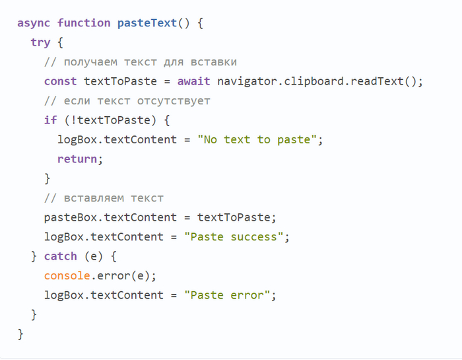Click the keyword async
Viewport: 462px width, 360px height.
(x=34, y=24)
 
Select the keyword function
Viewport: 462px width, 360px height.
(x=84, y=22)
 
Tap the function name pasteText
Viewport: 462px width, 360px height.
(x=147, y=23)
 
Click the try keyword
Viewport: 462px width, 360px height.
(x=41, y=43)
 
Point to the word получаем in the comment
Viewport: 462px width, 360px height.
(x=90, y=62)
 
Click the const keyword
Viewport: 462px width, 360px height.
(x=61, y=81)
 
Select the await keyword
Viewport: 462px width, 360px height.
(x=193, y=81)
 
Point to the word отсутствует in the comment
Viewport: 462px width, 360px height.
(x=174, y=101)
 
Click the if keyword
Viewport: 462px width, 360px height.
(x=50, y=120)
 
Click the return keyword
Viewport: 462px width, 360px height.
(x=77, y=159)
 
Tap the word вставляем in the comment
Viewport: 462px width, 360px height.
(x=94, y=198)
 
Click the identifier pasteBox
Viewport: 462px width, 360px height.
(x=71, y=217)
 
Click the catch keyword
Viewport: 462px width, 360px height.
(x=61, y=256)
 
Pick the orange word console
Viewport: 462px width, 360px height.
(x=67, y=275)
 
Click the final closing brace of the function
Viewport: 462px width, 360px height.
(x=20, y=334)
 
